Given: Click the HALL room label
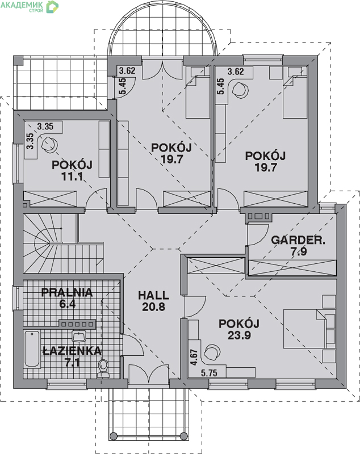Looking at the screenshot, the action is pos(153,295).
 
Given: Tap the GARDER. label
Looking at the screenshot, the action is pos(298,240).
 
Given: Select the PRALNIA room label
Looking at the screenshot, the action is pos(67,292).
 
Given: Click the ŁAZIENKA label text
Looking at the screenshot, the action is pos(72,351).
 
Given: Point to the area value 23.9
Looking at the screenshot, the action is pos(239,335).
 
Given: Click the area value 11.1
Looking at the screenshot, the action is pos(72,176).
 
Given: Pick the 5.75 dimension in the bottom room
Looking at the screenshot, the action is pos(209,373).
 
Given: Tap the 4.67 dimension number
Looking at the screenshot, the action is pos(194,357).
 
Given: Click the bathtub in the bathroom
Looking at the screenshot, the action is pos(32,350).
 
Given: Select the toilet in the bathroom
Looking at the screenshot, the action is pos(103,368).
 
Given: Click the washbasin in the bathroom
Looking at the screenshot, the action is pos(78,336).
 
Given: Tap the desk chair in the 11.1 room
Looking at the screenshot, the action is pos(49,144).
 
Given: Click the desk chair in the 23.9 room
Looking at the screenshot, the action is pos(212,352).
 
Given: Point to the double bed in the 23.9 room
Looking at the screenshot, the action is pos(309,329).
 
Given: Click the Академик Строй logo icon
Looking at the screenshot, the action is pos(52,6).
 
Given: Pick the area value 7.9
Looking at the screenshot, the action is pos(299,252).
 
